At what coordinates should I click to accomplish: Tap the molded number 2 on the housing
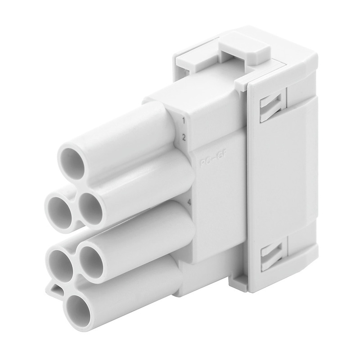tap(184, 137)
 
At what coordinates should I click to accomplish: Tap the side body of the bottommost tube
tap(137, 284)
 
